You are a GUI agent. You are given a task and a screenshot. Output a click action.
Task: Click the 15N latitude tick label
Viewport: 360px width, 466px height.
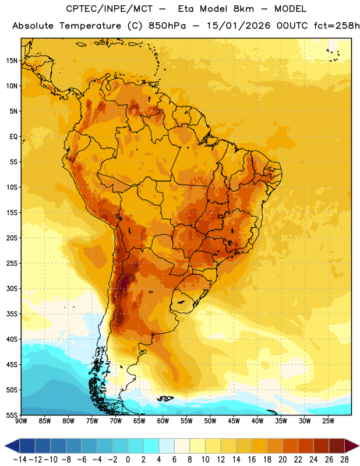[12, 61]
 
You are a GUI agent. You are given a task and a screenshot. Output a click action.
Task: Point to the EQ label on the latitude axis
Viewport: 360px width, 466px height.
[13, 137]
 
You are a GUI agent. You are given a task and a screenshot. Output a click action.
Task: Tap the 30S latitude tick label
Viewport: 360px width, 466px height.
[12, 288]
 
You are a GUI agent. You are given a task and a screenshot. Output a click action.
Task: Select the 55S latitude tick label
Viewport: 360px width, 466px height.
[12, 415]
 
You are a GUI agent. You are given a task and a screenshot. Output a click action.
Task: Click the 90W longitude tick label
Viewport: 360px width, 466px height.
[21, 421]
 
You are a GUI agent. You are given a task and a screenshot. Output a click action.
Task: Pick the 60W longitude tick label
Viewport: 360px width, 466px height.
[163, 421]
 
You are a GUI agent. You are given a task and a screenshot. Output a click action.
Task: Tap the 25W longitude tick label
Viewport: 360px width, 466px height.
[328, 421]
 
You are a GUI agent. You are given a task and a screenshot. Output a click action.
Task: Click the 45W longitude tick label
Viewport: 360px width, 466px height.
[234, 421]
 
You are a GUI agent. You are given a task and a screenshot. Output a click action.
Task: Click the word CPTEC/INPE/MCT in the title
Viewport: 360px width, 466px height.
[109, 9]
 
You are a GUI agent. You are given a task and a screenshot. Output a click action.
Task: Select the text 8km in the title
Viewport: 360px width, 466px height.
[243, 9]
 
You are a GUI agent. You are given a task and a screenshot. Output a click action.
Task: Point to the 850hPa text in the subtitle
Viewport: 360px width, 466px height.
[167, 26]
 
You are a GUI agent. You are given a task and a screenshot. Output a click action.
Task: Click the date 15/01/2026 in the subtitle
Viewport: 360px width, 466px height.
[238, 26]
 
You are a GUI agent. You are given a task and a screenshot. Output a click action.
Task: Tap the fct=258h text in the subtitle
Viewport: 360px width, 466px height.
[337, 26]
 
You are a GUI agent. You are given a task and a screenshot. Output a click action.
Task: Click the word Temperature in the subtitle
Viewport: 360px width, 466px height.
[90, 26]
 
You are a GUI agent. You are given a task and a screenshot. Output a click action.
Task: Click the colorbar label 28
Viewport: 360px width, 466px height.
[344, 460]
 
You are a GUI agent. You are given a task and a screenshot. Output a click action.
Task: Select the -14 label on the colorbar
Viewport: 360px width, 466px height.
[20, 460]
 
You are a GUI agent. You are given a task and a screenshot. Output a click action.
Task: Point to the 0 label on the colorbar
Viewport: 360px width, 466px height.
[128, 460]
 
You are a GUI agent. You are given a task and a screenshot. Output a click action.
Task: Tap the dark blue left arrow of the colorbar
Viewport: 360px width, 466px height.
[12, 446]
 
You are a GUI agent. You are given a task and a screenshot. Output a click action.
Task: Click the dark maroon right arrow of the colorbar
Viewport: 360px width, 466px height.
[352, 446]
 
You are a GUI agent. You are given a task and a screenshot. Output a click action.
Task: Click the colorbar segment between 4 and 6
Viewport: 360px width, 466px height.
[167, 446]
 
